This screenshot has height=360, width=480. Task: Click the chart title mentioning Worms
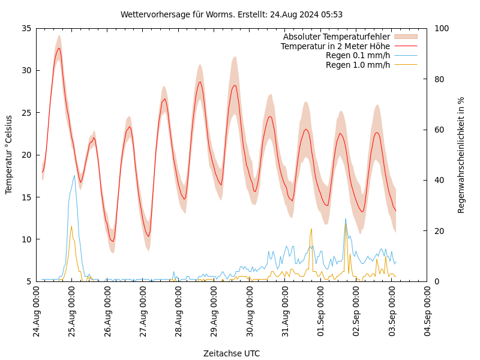pos(232,14)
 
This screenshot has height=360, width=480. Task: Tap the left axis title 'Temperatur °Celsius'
pos(9,154)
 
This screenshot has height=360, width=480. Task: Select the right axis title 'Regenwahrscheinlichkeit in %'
pos(461,155)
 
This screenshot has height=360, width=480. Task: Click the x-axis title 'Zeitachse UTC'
pos(232,353)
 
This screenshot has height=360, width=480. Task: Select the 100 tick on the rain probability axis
pos(441,28)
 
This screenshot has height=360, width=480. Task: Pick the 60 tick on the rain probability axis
pos(439,130)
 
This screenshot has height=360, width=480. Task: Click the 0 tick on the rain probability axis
pos(436,281)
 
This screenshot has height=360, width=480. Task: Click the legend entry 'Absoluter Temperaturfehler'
pos(336,37)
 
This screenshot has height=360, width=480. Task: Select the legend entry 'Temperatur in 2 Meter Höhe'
pos(335,46)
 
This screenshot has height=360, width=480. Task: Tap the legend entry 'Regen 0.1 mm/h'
pos(358,55)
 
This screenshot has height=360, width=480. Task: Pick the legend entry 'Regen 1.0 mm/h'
pos(358,64)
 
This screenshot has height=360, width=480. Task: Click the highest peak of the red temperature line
pos(59,48)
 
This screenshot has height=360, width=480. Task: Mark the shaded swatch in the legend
pos(406,37)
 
